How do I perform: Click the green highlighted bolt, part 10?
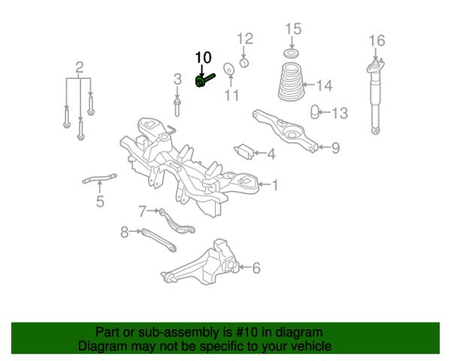(204, 80)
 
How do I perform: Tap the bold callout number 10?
(203, 58)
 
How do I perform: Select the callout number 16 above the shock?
(377, 41)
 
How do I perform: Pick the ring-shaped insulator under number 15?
(292, 53)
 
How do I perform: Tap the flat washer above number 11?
(229, 68)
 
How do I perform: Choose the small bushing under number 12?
(244, 62)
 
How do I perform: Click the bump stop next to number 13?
(315, 112)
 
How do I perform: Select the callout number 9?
(336, 147)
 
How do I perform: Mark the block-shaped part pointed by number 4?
(244, 151)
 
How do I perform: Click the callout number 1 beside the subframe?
(275, 185)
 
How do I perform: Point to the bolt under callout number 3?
(177, 108)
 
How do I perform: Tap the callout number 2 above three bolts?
(80, 68)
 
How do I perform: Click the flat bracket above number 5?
(99, 178)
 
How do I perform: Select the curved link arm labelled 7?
(176, 223)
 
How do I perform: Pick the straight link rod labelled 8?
(159, 240)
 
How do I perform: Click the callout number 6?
(256, 268)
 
